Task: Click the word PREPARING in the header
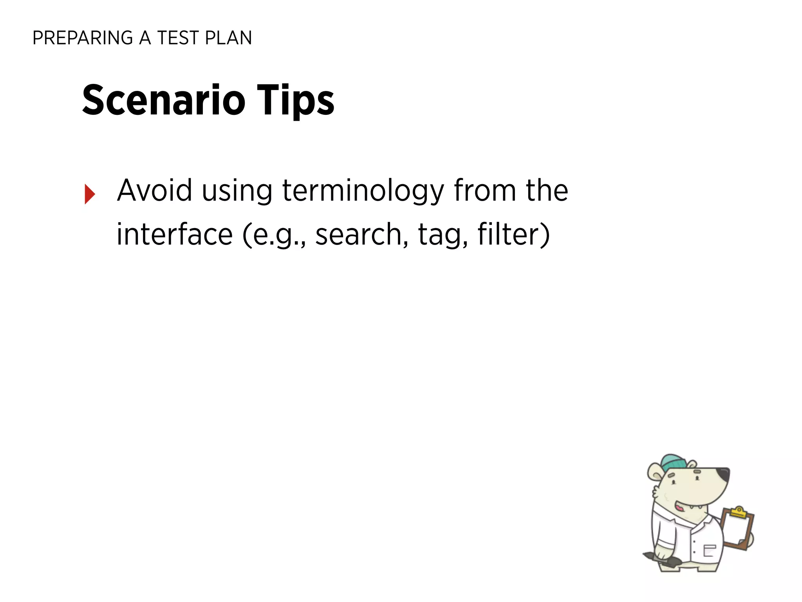[83, 38]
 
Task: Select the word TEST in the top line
[178, 38]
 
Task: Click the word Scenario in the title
[164, 100]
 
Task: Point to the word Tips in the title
[295, 100]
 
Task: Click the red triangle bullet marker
[90, 194]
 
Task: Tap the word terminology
[363, 191]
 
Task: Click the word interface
[175, 234]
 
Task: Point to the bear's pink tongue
[679, 508]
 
